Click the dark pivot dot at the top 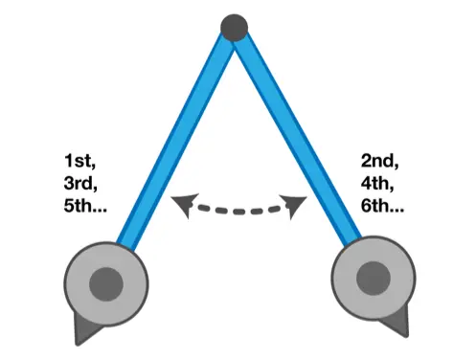click(233, 27)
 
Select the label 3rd click(80, 179)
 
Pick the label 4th click(379, 179)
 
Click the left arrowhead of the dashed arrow click(179, 201)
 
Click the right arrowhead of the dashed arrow click(296, 203)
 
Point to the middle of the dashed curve click(238, 210)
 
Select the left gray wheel click(108, 282)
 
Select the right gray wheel click(372, 279)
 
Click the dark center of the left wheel click(107, 283)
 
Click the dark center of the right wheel click(372, 279)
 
